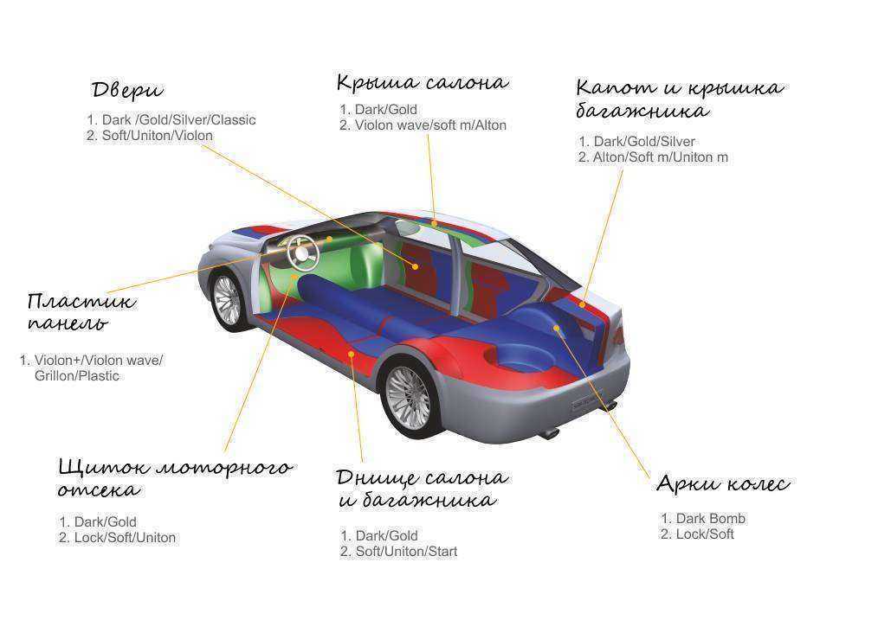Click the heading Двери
127,90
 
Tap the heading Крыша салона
422,83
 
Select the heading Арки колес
722,483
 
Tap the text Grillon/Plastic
77,376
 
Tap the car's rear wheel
407,397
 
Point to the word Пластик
81,302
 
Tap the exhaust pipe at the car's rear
548,432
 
